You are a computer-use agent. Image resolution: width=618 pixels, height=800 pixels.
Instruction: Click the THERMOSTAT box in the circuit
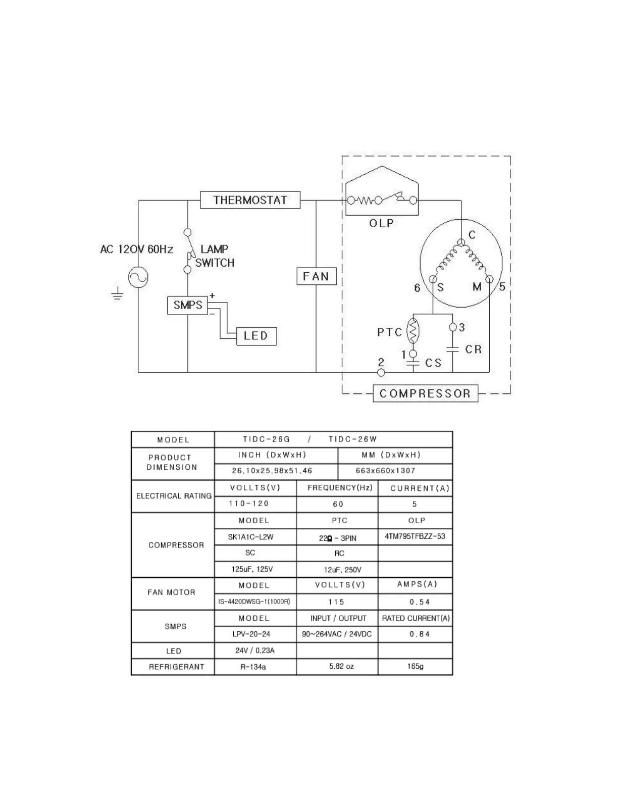(250, 200)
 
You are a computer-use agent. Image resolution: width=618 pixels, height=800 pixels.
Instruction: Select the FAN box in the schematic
(316, 276)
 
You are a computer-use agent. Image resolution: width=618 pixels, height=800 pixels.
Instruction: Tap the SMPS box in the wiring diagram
(187, 305)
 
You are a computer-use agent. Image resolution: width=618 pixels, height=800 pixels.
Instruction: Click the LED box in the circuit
(256, 336)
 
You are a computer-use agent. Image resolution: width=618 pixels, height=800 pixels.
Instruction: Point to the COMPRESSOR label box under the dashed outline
(425, 393)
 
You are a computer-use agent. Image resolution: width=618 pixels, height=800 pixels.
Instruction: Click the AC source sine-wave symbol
(138, 277)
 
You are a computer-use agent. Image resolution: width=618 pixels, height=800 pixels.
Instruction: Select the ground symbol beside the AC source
(117, 293)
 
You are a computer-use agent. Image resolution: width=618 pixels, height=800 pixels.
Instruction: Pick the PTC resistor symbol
(413, 332)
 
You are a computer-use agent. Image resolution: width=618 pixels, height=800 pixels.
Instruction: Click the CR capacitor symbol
(452, 349)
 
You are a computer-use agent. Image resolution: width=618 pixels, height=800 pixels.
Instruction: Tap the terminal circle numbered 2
(381, 373)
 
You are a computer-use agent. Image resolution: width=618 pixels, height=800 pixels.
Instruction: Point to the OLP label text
(381, 223)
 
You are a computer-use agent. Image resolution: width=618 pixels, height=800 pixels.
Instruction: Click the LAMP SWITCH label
(215, 256)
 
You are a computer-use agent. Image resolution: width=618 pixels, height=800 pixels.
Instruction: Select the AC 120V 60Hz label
(136, 249)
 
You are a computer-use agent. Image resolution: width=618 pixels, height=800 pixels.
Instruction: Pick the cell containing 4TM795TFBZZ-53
(415, 536)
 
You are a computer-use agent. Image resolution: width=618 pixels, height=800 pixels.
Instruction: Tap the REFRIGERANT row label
(176, 667)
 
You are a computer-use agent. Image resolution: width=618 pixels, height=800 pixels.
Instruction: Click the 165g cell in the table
(415, 666)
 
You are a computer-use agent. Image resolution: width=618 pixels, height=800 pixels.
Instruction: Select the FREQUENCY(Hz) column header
(340, 488)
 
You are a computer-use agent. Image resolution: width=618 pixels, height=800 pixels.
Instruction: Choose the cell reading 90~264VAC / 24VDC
(337, 634)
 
